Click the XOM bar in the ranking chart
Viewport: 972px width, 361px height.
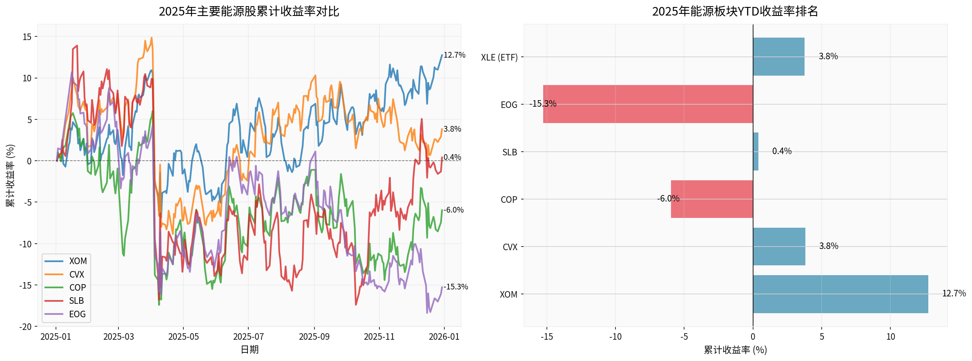[840, 294]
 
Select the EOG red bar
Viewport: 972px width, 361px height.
[648, 104]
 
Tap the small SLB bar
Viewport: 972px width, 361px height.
[756, 151]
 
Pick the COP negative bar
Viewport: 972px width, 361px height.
[712, 199]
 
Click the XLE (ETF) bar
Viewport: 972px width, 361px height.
[778, 56]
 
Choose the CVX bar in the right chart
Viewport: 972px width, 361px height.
[779, 247]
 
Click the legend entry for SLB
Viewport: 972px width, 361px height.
[76, 301]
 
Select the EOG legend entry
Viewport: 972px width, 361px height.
[77, 314]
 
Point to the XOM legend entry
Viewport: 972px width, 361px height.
[78, 261]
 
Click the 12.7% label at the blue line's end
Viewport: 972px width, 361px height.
[455, 55]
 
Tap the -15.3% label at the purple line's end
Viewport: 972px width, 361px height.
[456, 287]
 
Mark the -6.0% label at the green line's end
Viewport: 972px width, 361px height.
[454, 210]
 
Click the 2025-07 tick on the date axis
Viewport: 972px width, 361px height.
[248, 337]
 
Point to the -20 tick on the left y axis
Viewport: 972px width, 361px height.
[26, 327]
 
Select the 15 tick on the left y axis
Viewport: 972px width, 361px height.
[27, 37]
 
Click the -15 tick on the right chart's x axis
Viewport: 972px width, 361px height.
[546, 337]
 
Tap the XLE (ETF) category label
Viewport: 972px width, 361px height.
[499, 57]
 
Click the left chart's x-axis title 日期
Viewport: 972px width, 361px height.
[250, 350]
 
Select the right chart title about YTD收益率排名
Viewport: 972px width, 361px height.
[735, 11]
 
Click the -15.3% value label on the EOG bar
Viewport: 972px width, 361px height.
[543, 104]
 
